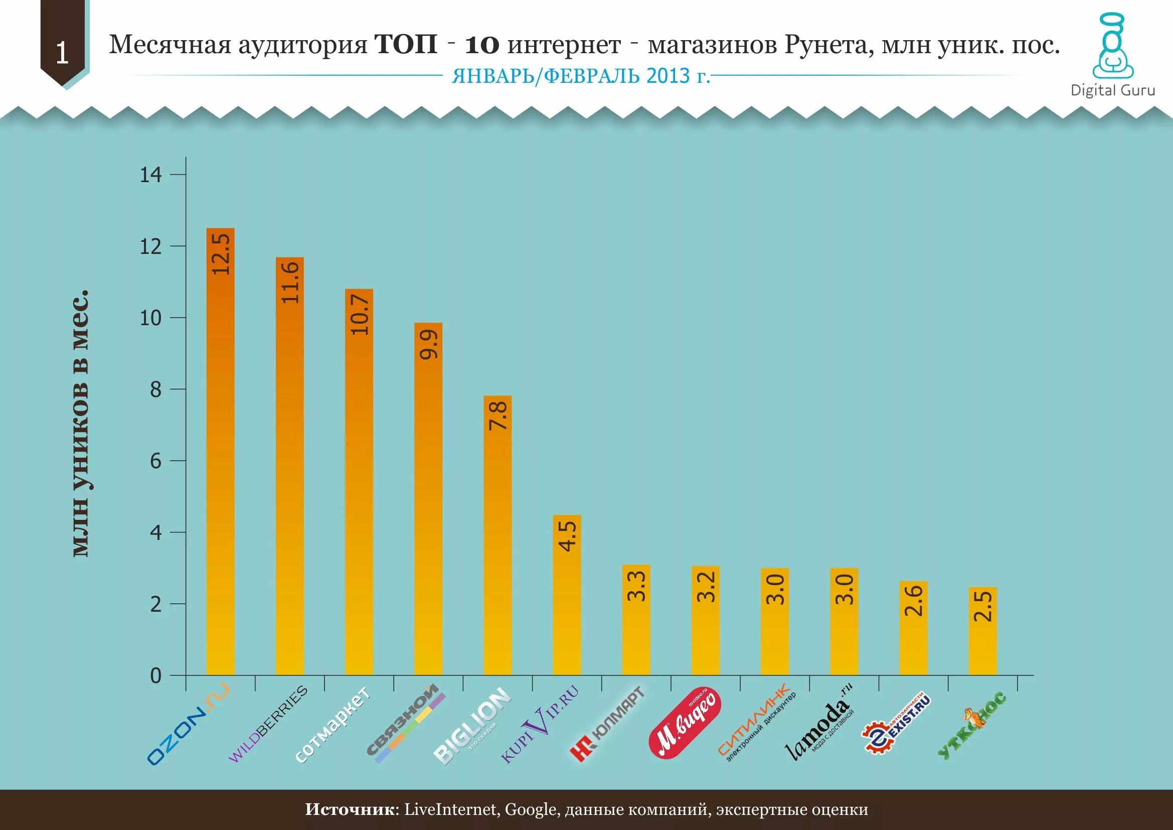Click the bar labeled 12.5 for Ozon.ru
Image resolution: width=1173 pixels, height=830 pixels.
[x=220, y=460]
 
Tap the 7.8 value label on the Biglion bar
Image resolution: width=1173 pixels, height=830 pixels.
[x=497, y=415]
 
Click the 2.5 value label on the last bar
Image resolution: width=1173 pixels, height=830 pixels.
[x=982, y=606]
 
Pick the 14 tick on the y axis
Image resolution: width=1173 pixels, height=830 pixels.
[x=151, y=175]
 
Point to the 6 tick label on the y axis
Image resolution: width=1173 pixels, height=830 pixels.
[x=155, y=462]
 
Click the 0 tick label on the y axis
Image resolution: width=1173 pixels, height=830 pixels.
[x=155, y=676]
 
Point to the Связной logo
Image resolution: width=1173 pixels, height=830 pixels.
[x=406, y=724]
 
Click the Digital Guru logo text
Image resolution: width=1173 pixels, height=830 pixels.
[x=1113, y=91]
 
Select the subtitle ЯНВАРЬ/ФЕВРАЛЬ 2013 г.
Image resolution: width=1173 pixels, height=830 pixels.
[x=581, y=76]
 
